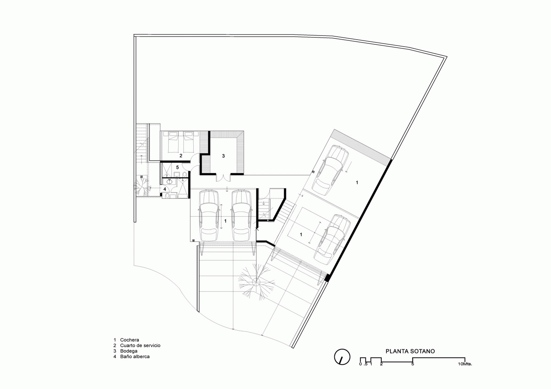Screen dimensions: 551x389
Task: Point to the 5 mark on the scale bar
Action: (x=413, y=364)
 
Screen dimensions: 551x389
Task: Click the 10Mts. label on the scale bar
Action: (x=465, y=364)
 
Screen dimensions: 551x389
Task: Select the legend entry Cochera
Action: (x=130, y=340)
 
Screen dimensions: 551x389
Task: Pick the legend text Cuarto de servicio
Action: (x=140, y=345)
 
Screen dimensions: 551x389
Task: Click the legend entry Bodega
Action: (x=129, y=351)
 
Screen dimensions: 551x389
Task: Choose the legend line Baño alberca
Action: (x=135, y=357)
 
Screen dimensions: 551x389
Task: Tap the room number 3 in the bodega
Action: (x=223, y=156)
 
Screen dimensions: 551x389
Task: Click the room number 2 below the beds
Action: (x=181, y=156)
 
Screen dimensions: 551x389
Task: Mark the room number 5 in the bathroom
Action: (x=177, y=168)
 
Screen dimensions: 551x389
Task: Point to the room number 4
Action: (x=165, y=189)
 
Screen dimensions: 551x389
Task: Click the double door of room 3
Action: (x=223, y=177)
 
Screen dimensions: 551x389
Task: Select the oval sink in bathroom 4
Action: (x=170, y=182)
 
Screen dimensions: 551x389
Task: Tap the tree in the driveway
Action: (x=256, y=282)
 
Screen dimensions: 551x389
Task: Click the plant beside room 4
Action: (x=141, y=186)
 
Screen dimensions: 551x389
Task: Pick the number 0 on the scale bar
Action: (x=360, y=364)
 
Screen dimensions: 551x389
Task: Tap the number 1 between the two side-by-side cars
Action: (x=225, y=221)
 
